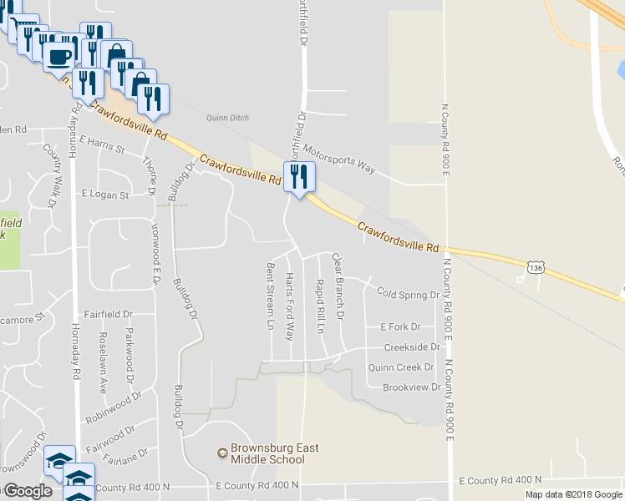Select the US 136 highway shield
(536, 266)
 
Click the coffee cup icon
(58, 57)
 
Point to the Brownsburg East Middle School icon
(222, 453)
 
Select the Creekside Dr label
(411, 347)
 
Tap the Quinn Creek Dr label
(403, 367)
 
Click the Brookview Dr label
(410, 387)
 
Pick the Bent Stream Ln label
(270, 296)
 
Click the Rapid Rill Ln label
(320, 306)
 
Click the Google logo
(27, 491)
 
